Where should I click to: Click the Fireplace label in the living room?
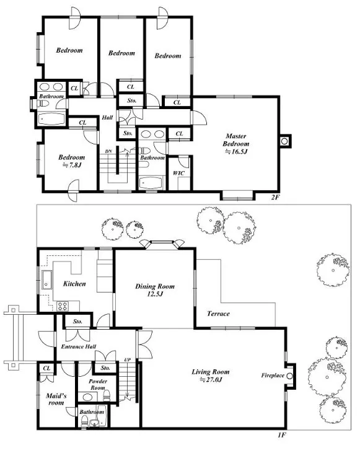pos(273,376)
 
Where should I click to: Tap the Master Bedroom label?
pos(235,140)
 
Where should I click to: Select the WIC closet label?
pos(178,174)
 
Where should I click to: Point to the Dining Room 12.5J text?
pos(155,291)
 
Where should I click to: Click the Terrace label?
pos(219,314)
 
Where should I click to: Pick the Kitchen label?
pos(74,284)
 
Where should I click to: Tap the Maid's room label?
pos(56,399)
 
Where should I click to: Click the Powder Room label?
pos(98,385)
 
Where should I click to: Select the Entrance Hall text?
pos(79,346)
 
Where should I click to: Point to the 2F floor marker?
pos(275,198)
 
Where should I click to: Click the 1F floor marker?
pos(282,435)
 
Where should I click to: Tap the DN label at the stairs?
pos(108,151)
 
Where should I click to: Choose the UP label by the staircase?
pos(128,359)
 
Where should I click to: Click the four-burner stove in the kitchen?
pos(63,306)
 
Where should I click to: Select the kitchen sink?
pos(46,279)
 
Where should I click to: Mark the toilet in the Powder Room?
pos(107,395)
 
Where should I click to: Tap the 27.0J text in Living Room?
pos(211,380)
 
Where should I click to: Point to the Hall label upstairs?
pos(107,118)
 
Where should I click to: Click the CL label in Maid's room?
pos(46,368)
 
